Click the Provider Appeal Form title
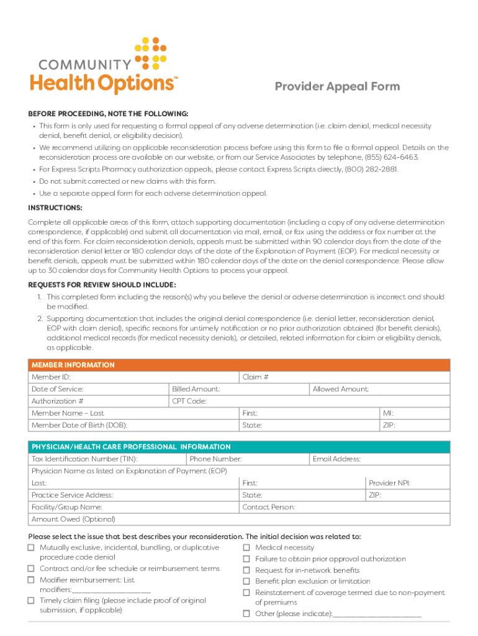pos(337,86)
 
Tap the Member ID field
pos(155,377)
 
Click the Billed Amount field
pos(261,389)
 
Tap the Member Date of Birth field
pos(180,425)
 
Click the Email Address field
pos(404,459)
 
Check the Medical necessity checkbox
pos(246,548)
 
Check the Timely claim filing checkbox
pos(31,601)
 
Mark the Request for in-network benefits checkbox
pos(246,570)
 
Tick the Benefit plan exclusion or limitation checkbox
pos(246,581)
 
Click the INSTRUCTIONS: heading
pos(55,208)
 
